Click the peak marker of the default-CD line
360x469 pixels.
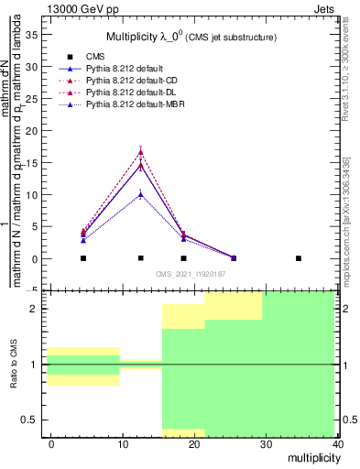[140, 152]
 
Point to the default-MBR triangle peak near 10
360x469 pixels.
[140, 194]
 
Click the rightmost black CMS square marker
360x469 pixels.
[298, 258]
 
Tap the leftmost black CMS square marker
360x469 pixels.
[83, 258]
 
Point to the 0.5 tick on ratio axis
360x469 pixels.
[29, 420]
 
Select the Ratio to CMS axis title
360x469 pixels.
[15, 364]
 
